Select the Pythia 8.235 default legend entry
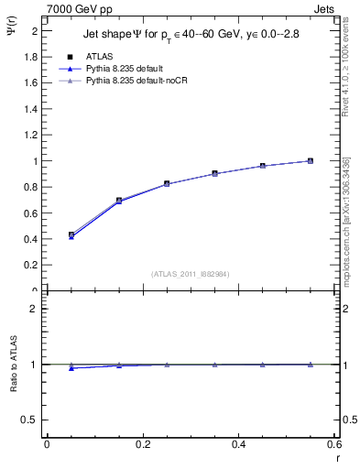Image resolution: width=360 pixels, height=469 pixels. (x=125, y=69)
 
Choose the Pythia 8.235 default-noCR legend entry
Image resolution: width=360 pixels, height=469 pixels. (x=135, y=81)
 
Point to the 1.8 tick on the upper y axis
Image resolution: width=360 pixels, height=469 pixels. (x=31, y=57)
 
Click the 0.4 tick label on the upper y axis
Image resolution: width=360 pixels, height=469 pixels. (x=31, y=240)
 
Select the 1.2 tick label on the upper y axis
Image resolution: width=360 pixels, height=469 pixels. (x=31, y=136)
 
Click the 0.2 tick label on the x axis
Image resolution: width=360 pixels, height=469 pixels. (x=142, y=444)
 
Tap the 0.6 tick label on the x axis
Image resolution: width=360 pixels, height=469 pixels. (x=334, y=444)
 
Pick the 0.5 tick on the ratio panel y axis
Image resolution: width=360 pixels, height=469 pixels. (x=30, y=420)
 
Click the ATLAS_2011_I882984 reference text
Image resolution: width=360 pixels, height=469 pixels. (x=189, y=274)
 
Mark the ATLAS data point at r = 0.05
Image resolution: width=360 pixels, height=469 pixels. (x=71, y=234)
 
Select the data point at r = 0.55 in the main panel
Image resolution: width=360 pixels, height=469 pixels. (x=311, y=160)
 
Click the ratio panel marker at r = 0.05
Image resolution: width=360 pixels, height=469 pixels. (x=71, y=367)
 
